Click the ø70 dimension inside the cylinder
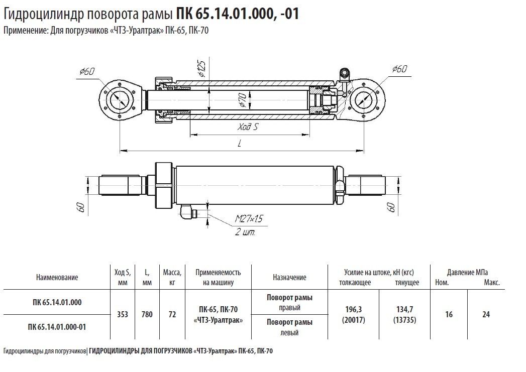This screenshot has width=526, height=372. pos(242,102)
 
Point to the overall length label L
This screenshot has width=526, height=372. pos(240,143)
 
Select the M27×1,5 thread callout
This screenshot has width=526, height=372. pos(249,218)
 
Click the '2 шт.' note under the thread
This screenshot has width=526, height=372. pos(245,232)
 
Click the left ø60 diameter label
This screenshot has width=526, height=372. pos(87,72)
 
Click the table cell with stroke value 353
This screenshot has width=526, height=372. pos(122,315)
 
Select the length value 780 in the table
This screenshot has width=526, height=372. pos(147,315)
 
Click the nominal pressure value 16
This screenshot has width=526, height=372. pos(449,315)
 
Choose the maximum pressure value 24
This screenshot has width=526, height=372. pos(486,315)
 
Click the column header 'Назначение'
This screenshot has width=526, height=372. pos(289,277)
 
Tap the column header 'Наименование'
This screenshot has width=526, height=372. pos(57,277)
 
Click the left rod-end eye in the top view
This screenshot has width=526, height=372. pos(120,99)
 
